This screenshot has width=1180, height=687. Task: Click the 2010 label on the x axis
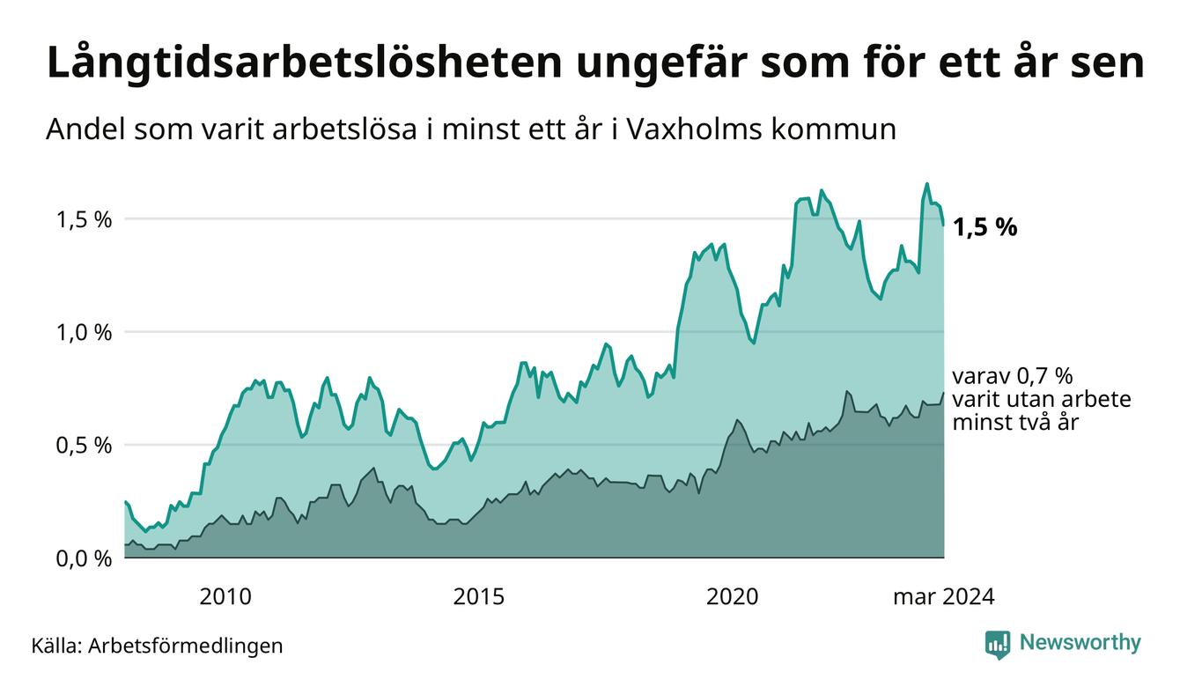pyautogui.click(x=225, y=597)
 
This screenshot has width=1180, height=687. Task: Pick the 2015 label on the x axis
pyautogui.click(x=479, y=597)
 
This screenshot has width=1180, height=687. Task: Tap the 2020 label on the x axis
pyautogui.click(x=733, y=597)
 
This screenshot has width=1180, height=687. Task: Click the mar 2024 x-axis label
pyautogui.click(x=943, y=597)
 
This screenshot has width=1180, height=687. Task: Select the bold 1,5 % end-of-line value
pyautogui.click(x=985, y=228)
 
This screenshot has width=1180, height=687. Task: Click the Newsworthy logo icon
pyautogui.click(x=998, y=644)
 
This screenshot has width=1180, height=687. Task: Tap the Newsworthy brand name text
pyautogui.click(x=1080, y=643)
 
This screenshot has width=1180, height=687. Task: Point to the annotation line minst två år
pyautogui.click(x=1015, y=422)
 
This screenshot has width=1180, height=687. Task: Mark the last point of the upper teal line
pyautogui.click(x=943, y=225)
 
